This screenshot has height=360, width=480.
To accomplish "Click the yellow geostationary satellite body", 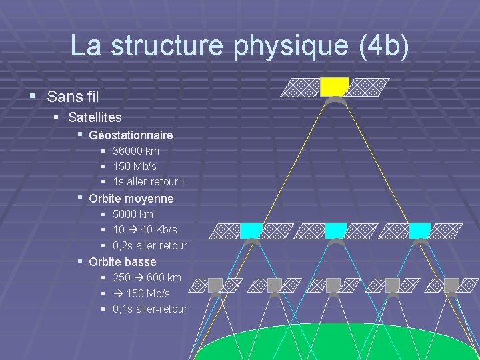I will pos(335,87).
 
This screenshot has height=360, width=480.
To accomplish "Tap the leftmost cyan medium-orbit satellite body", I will pos(251,230).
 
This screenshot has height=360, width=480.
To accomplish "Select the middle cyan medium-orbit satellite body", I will pos(335,230).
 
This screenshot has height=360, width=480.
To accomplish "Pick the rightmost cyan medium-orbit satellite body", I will pos(419,230).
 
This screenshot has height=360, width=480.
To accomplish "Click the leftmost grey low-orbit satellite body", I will pos(215,285).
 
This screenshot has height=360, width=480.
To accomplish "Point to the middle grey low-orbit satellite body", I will pos(333,285).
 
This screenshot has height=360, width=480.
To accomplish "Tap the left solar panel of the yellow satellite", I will pos(299,87).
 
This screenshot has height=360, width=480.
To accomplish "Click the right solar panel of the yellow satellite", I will pos(369,87).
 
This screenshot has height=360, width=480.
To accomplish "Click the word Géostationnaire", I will pos(131,135).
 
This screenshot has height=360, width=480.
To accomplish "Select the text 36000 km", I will pos(136,151).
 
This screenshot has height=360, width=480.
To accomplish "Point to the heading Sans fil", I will pos(73,97).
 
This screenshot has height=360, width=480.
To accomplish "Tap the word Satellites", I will pos(95,117).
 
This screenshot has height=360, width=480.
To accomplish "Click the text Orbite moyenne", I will pos(131,199).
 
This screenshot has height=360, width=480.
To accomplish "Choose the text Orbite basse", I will pos(122,262).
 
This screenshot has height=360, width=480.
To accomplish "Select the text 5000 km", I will pos(133,214).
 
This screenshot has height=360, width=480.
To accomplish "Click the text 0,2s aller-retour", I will pos(150,245).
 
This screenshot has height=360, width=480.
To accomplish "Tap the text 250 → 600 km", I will pos(147,277).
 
